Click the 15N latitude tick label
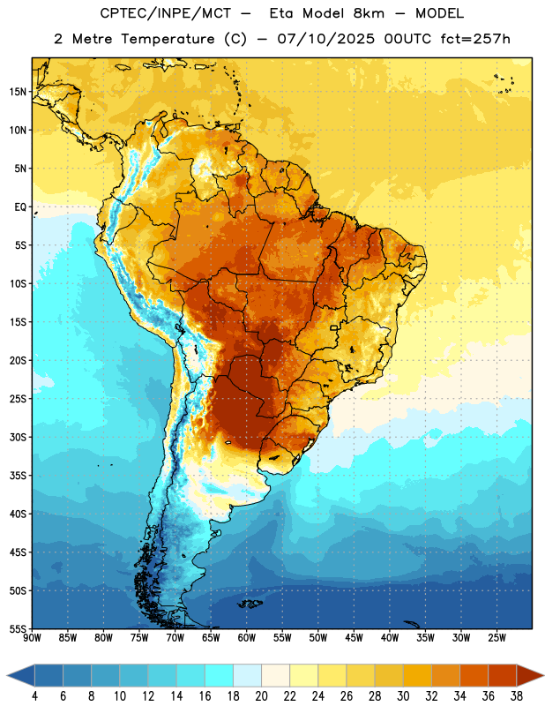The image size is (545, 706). point(18,92)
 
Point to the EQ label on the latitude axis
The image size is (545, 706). point(20,207)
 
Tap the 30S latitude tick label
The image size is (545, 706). point(18,437)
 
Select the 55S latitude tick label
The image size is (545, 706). point(18,629)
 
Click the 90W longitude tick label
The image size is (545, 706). point(32,637)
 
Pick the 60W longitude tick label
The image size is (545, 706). point(247,637)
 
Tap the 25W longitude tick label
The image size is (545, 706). point(496,637)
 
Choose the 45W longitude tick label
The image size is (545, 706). point(354,637)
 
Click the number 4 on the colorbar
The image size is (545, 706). point(34,696)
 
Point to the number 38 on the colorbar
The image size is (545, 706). point(517,696)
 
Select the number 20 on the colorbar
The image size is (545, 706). point(261,696)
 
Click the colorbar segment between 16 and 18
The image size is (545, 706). point(220,675)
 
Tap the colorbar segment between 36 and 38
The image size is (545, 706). point(503,675)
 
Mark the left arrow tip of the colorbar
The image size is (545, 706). point(7,675)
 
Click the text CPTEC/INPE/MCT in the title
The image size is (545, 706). point(166,13)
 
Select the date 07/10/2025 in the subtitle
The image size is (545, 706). point(325,39)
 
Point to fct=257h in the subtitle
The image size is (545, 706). point(475,39)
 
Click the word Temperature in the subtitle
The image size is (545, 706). point(168,39)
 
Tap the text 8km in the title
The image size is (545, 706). point(369,13)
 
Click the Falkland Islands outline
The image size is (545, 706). point(250,604)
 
